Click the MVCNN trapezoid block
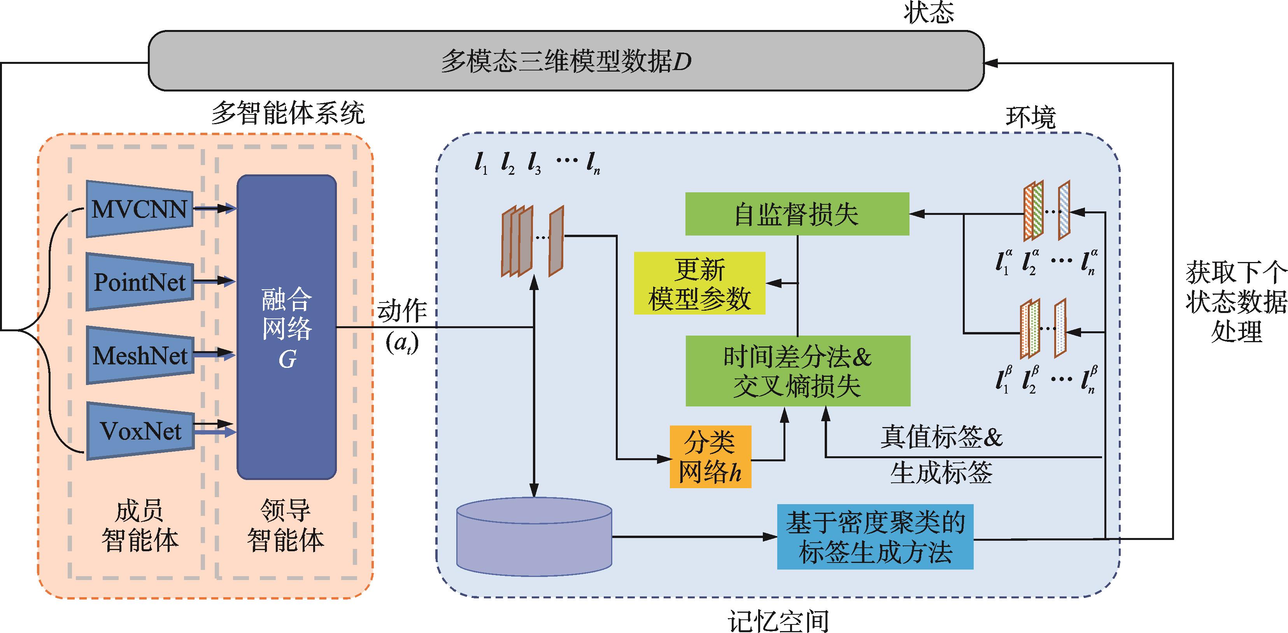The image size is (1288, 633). [x=140, y=209]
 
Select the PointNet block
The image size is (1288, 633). [x=140, y=282]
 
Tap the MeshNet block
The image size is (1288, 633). [x=140, y=355]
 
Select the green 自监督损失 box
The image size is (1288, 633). [x=797, y=214]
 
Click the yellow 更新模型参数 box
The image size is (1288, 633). [x=699, y=283]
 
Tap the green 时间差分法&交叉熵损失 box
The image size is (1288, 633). [x=797, y=371]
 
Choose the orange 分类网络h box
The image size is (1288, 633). [x=710, y=456]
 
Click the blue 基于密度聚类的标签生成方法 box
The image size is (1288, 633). [x=874, y=537]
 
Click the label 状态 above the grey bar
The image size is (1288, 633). [x=929, y=12]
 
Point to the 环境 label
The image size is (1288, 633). [x=1030, y=118]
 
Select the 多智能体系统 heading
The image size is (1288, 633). [x=288, y=113]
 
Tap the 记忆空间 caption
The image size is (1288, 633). [x=778, y=621]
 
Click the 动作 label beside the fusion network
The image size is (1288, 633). [x=402, y=311]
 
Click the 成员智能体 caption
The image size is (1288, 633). [x=140, y=526]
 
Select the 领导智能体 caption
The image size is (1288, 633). [x=286, y=526]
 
